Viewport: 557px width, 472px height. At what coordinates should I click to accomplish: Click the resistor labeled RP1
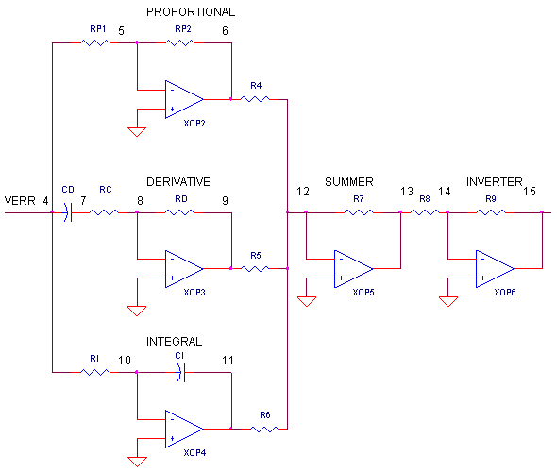95,42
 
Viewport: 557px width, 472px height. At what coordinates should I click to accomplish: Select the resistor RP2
180,42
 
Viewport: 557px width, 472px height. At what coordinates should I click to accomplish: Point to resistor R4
256,99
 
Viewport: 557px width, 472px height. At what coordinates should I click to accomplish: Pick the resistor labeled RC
105,212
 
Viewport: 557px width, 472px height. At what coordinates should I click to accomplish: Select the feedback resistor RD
180,212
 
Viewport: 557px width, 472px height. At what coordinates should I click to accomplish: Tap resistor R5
256,269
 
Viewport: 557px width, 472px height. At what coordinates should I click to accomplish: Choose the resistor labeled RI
95,373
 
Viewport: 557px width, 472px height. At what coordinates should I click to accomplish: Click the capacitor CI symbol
179,373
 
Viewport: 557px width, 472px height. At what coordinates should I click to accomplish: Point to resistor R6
265,430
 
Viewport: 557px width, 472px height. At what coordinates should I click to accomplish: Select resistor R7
360,212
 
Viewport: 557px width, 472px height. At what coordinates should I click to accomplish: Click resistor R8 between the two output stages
426,212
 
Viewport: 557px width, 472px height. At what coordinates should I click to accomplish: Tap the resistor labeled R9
492,212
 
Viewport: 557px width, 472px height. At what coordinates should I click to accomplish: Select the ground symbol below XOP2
137,132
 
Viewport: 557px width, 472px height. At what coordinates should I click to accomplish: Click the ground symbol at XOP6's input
448,302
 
